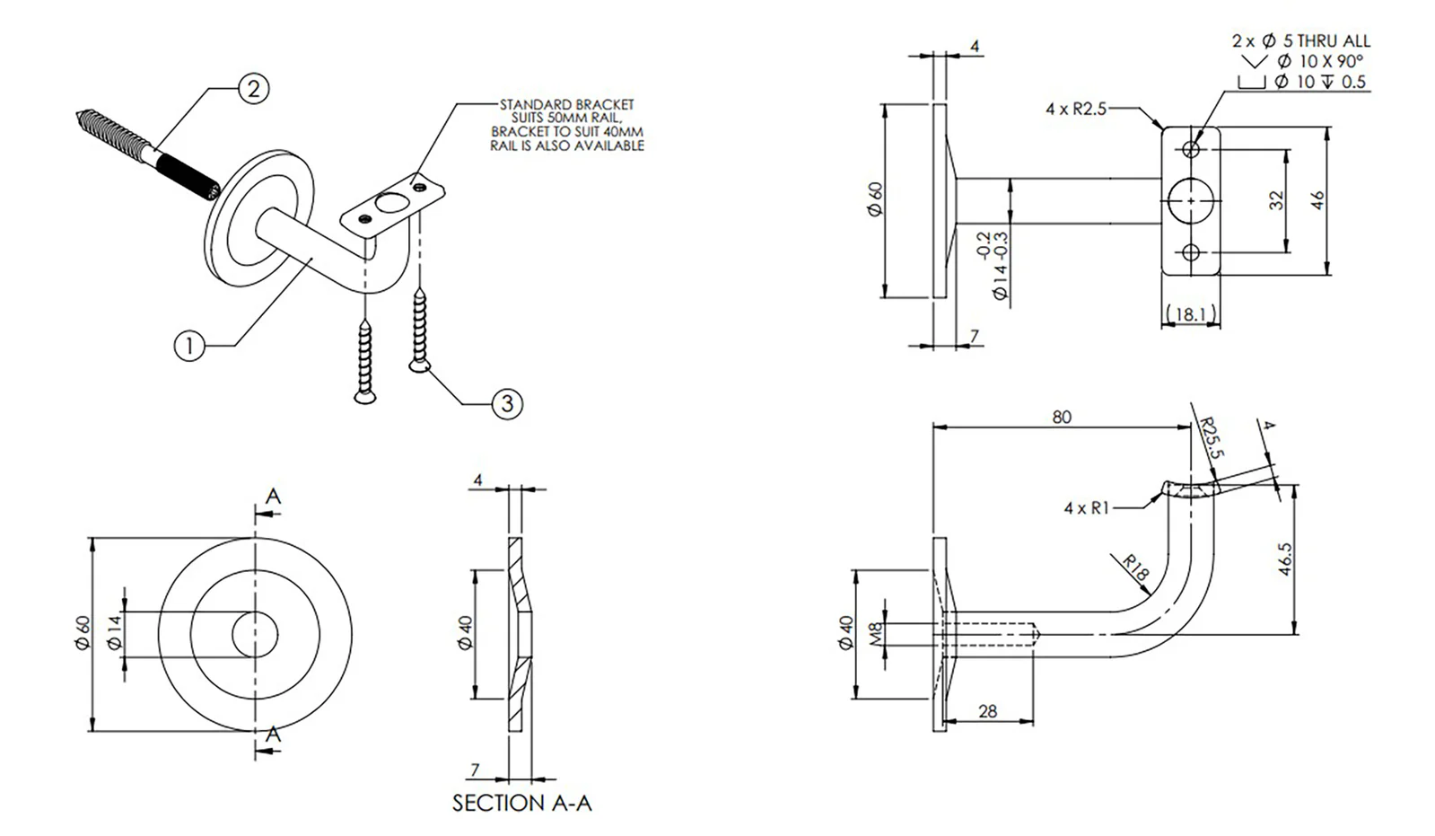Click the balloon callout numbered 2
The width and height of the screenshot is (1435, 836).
(x=254, y=88)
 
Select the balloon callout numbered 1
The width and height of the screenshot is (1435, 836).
(x=189, y=345)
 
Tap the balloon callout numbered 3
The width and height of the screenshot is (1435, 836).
(x=507, y=403)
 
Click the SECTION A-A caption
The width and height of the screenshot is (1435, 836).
(x=521, y=802)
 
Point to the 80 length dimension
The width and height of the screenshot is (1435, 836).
(x=1062, y=417)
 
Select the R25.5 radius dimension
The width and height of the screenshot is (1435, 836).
(x=1212, y=437)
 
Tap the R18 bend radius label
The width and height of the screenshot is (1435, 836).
(x=1136, y=570)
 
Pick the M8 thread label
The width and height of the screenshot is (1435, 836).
(x=877, y=634)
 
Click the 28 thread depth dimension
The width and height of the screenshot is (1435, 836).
(x=987, y=711)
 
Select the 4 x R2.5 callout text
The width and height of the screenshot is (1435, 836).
(x=1076, y=109)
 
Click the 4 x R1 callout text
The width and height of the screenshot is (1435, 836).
(x=1086, y=508)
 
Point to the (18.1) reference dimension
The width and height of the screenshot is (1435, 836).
(x=1191, y=314)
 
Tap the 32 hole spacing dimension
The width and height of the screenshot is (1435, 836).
(x=1277, y=200)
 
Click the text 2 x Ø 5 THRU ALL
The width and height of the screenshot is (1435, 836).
(x=1300, y=40)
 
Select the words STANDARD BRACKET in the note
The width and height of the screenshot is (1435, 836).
(x=567, y=105)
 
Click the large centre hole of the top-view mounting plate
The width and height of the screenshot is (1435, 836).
(x=1191, y=200)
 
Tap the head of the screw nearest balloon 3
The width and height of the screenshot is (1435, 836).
(x=418, y=365)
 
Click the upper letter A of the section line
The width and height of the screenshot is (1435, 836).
(x=274, y=497)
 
